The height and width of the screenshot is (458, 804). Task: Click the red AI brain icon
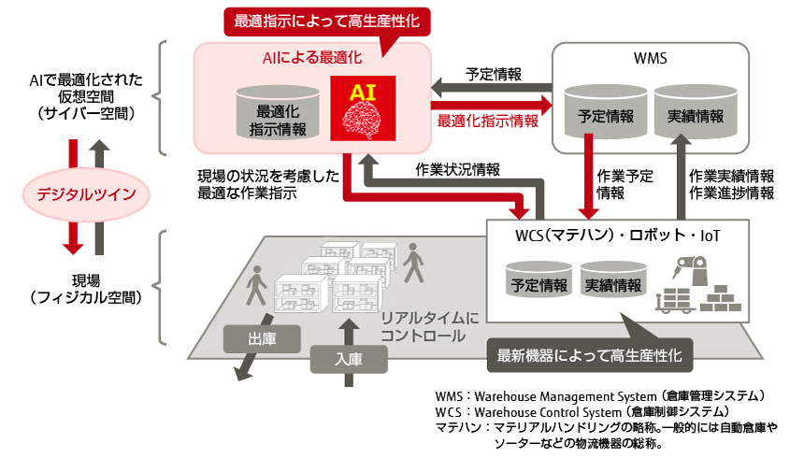click(364, 107)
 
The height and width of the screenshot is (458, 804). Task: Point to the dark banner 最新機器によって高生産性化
click(590, 354)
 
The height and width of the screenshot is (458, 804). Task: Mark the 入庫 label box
click(347, 357)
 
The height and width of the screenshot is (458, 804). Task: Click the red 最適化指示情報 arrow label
click(487, 121)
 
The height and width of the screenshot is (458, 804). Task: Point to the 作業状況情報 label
click(455, 169)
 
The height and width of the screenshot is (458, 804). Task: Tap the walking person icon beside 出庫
click(253, 289)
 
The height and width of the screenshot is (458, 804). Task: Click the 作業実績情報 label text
click(731, 177)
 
